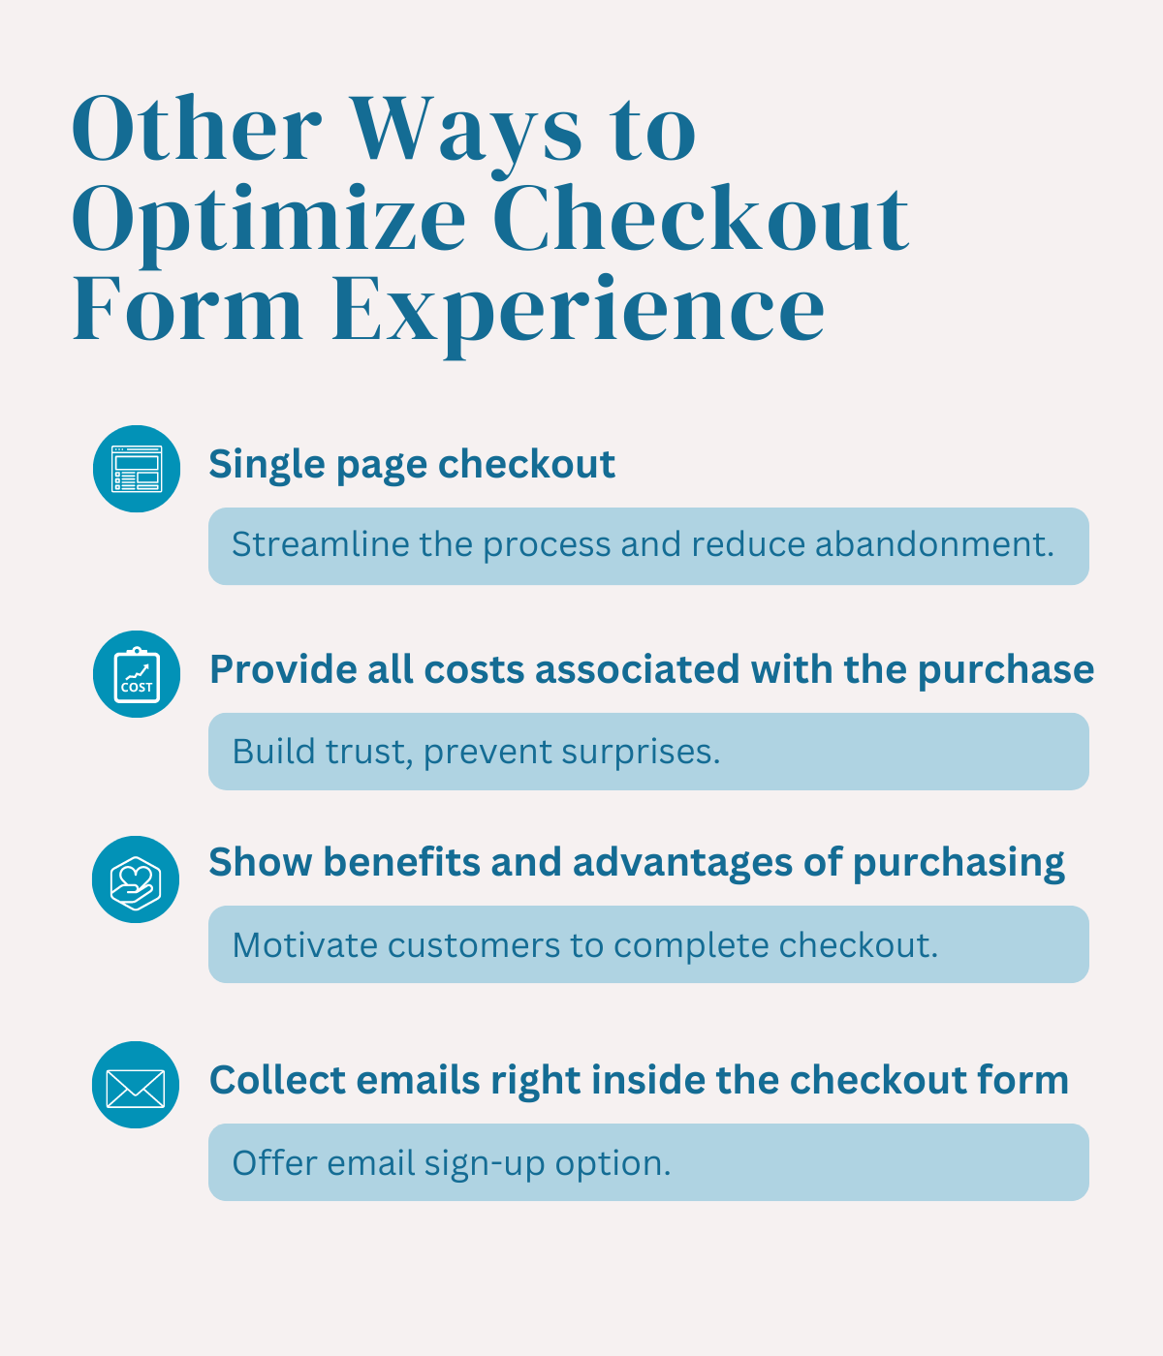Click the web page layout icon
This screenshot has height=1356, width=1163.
[x=137, y=469]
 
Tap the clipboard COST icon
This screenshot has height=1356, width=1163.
[x=137, y=674]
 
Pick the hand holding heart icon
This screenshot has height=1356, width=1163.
[x=137, y=879]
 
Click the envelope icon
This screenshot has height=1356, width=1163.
[x=137, y=1085]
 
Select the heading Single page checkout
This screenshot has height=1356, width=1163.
[x=412, y=464]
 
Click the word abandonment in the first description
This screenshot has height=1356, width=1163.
[x=933, y=544]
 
